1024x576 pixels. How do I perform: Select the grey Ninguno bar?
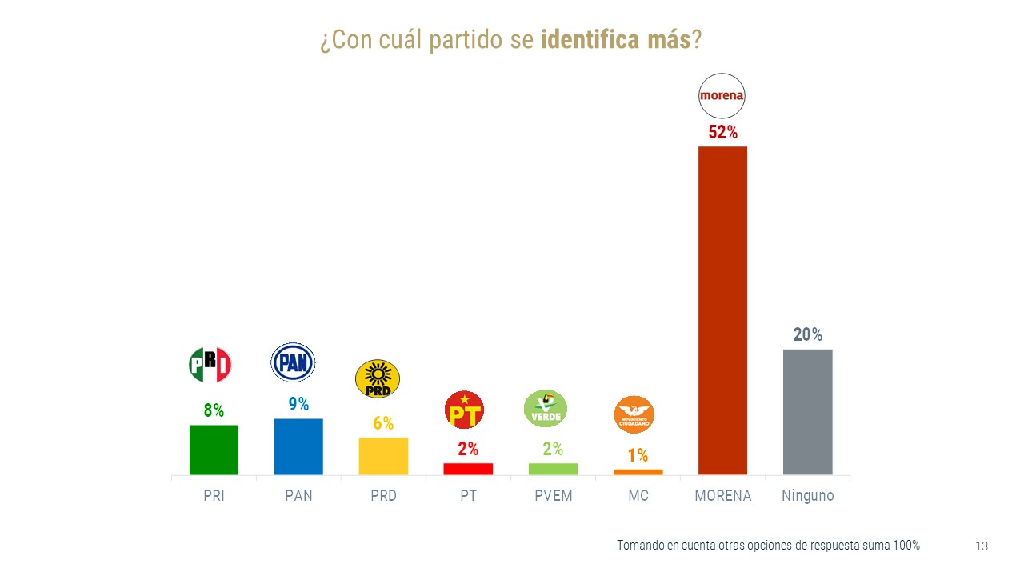coord(807,412)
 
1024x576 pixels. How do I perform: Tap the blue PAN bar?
coord(298,446)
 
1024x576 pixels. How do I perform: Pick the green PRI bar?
coord(214,450)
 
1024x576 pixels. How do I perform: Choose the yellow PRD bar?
coord(383,456)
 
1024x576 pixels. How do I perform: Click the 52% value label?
coord(722,133)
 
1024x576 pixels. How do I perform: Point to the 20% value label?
coord(807,335)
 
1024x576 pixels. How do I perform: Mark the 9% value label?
coord(298,405)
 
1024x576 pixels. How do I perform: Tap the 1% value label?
coord(638,456)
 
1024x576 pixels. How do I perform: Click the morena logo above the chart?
coord(722,95)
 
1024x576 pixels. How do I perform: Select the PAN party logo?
coord(293,363)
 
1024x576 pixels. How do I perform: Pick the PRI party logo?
coord(210,365)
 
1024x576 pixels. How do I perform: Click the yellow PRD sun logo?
coord(378,378)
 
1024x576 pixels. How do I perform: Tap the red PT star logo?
coord(464,410)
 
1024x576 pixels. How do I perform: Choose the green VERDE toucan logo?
coord(546,409)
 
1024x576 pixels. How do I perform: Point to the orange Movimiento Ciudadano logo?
coord(634,414)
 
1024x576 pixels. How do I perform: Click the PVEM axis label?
coord(554,496)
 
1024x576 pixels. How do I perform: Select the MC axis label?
coord(638,496)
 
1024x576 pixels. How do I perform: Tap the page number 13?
coord(982,546)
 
